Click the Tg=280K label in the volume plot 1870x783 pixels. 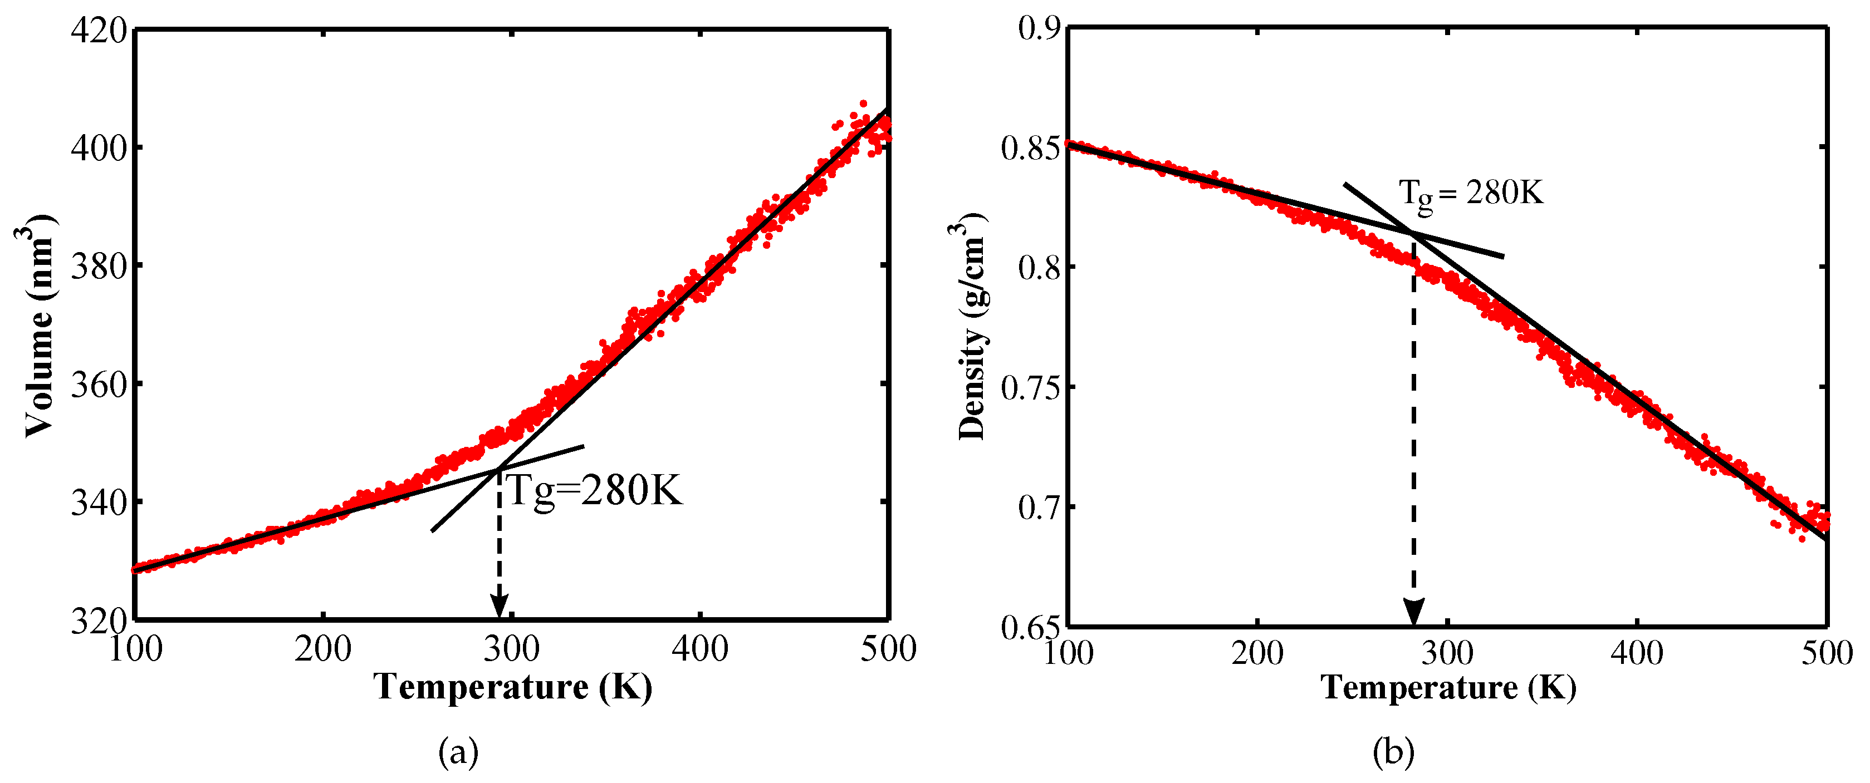pyautogui.click(x=594, y=492)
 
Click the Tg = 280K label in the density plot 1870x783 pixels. pyautogui.click(x=1471, y=194)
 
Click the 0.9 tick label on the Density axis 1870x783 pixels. pyautogui.click(x=1040, y=29)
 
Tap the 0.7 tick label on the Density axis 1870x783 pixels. pyautogui.click(x=1040, y=507)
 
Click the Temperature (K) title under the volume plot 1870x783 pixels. pyautogui.click(x=512, y=687)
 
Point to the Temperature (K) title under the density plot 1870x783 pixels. pyautogui.click(x=1448, y=687)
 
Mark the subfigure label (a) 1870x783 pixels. pyautogui.click(x=459, y=752)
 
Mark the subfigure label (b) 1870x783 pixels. pyautogui.click(x=1394, y=752)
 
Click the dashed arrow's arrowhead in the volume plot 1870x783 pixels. pyautogui.click(x=499, y=606)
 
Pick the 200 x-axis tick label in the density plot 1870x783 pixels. pyautogui.click(x=1257, y=654)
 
